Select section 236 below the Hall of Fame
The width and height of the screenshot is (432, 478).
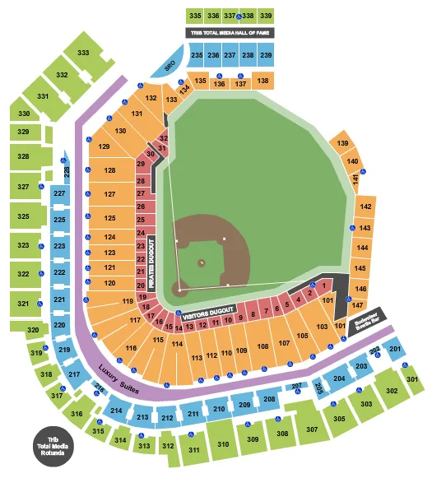pyautogui.click(x=213, y=55)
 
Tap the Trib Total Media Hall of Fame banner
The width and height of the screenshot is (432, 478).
pyautogui.click(x=230, y=33)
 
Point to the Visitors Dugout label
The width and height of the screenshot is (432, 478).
pyautogui.click(x=202, y=314)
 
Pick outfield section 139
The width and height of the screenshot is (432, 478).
pyautogui.click(x=342, y=144)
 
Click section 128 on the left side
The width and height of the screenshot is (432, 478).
pyautogui.click(x=110, y=170)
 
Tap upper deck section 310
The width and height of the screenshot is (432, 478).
pyautogui.click(x=222, y=444)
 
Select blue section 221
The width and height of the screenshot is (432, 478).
pyautogui.click(x=59, y=299)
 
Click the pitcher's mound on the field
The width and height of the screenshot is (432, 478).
pyautogui.click(x=202, y=262)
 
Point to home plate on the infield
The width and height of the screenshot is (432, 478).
pyautogui.click(x=180, y=290)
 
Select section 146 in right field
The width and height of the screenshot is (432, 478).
pyautogui.click(x=359, y=289)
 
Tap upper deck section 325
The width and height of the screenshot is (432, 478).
pyautogui.click(x=24, y=217)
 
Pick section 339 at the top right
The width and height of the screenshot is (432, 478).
pyautogui.click(x=265, y=16)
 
